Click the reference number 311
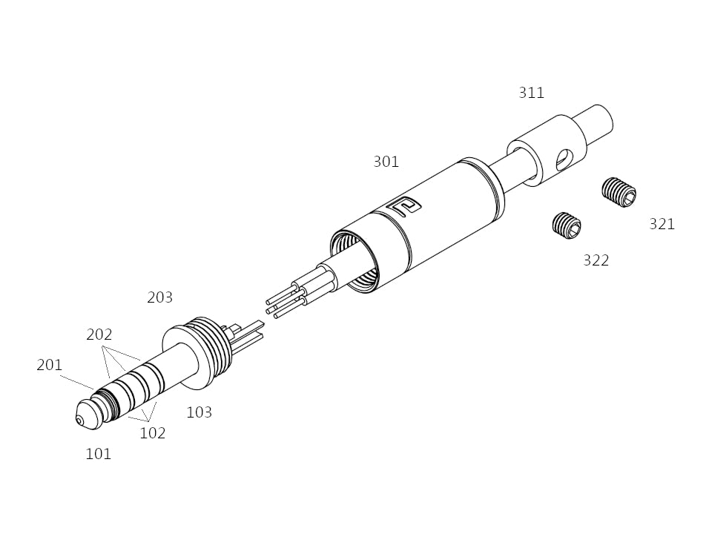[531, 93]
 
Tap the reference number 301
[386, 162]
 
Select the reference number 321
[662, 224]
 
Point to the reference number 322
[596, 260]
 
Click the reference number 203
[160, 297]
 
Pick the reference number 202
[99, 334]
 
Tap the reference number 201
[49, 365]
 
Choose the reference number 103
[200, 412]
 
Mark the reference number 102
[153, 433]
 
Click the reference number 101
[98, 454]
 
